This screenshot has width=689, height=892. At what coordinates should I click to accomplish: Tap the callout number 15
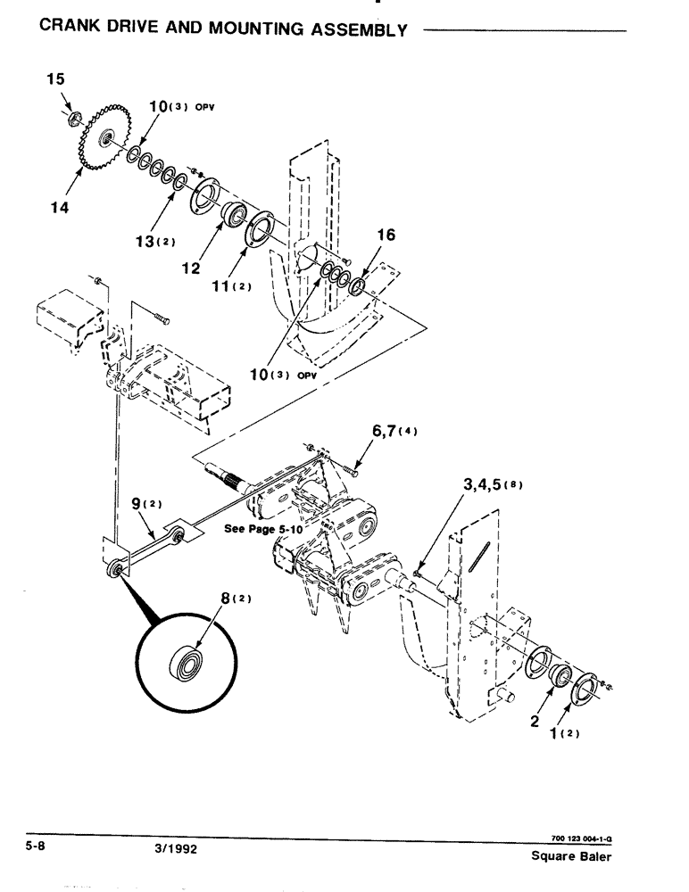pos(55,80)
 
